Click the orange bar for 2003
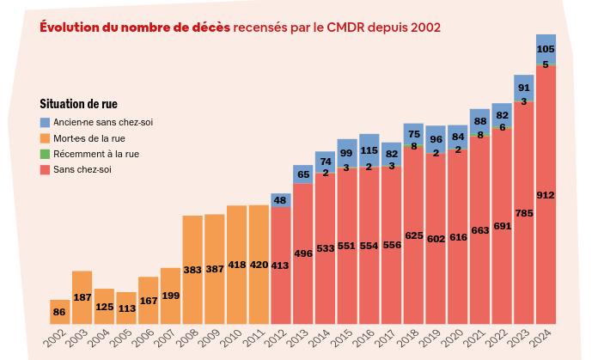pyautogui.click(x=82, y=297)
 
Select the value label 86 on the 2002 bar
pyautogui.click(x=59, y=313)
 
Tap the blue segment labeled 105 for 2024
pyautogui.click(x=546, y=48)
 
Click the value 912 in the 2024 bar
pyautogui.click(x=546, y=196)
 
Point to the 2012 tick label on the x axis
pyautogui.click(x=276, y=340)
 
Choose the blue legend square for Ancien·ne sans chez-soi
pyautogui.click(x=46, y=123)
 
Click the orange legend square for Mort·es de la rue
pyautogui.click(x=46, y=138)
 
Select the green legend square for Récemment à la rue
pyautogui.click(x=46, y=154)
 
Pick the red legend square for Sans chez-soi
pyautogui.click(x=46, y=169)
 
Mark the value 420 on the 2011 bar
pyautogui.click(x=259, y=265)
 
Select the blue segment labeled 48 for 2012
pyautogui.click(x=281, y=200)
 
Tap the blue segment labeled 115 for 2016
pyautogui.click(x=369, y=150)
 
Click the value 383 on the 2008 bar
pyautogui.click(x=192, y=270)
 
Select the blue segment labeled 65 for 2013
pyautogui.click(x=303, y=174)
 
